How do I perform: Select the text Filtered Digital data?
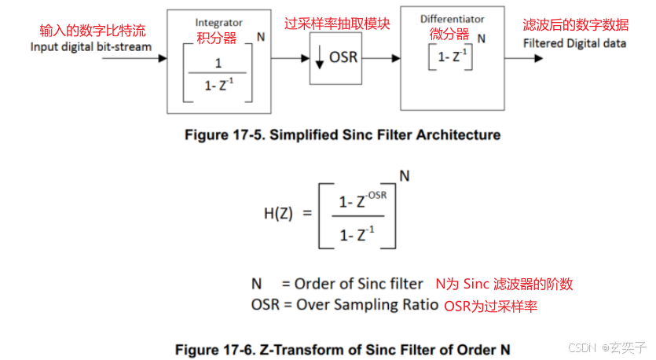pos(575,43)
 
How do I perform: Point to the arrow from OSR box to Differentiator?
pos(383,58)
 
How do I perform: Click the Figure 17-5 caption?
pos(342,135)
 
